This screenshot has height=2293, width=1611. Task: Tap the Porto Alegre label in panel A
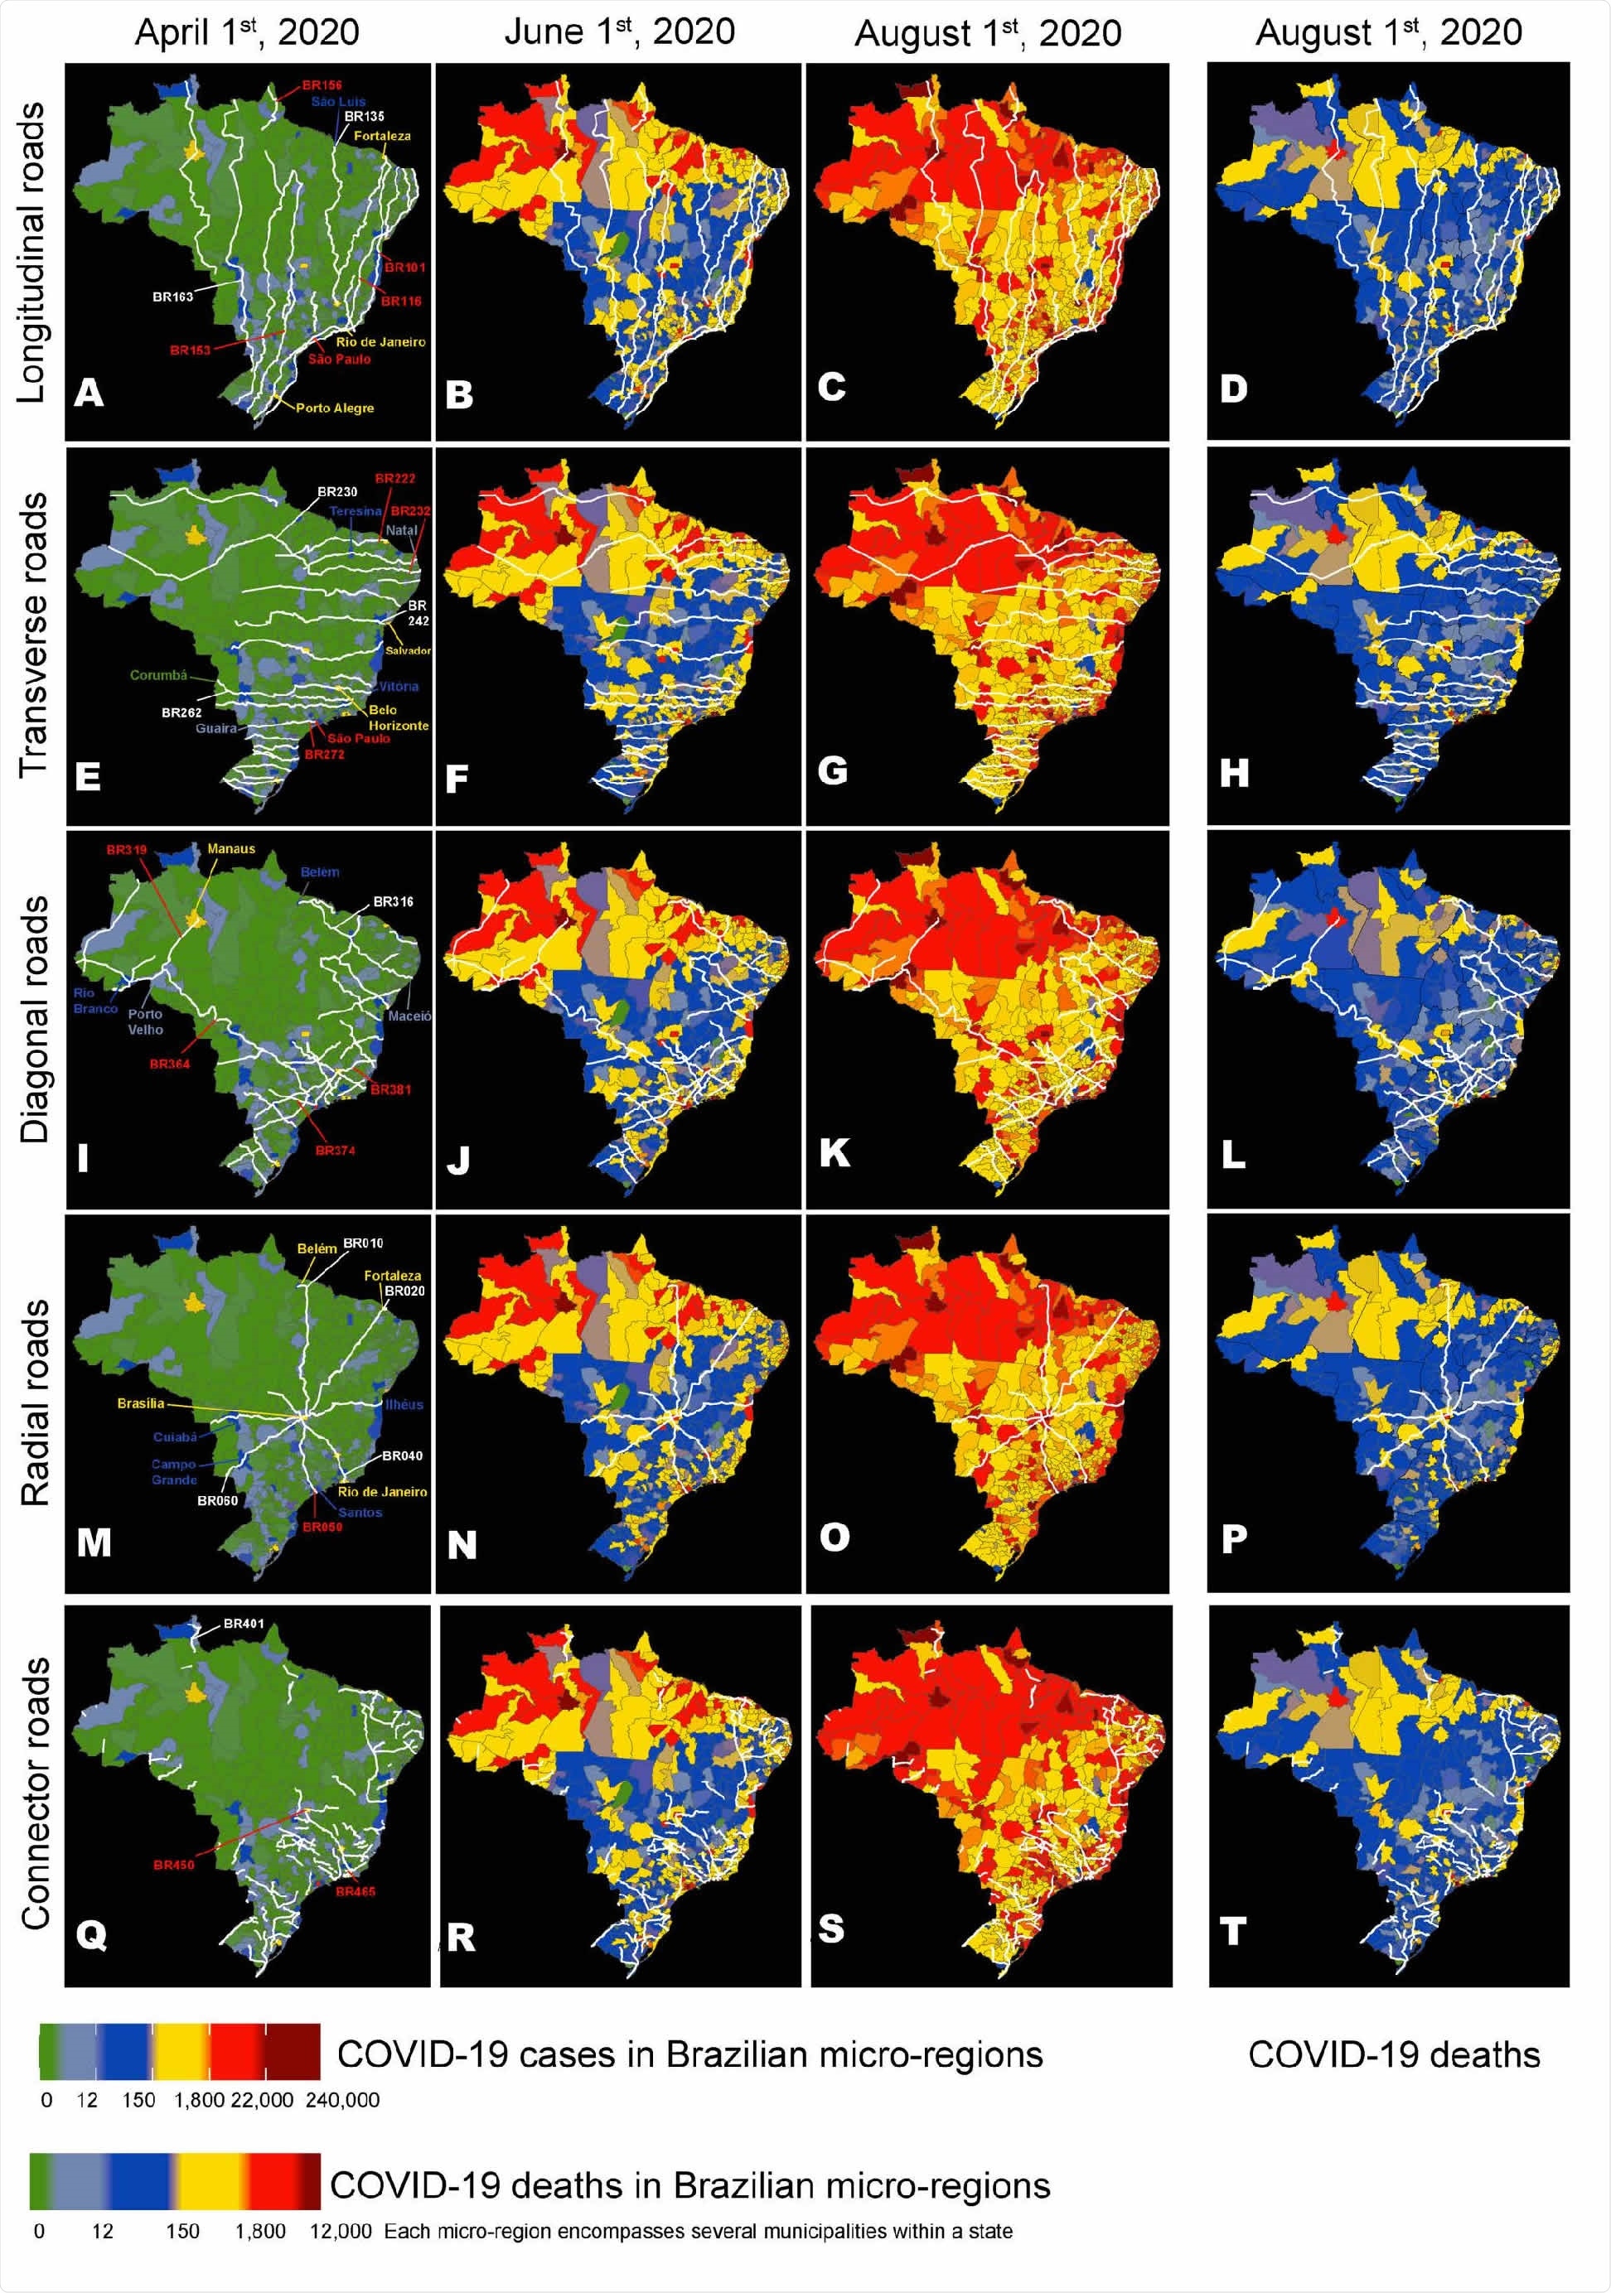[335, 408]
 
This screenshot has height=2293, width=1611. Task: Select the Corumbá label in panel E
[157, 676]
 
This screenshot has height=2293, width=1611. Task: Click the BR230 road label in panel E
[337, 492]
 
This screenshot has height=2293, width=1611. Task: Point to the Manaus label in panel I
[230, 850]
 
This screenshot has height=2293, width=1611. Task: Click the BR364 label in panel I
[169, 1064]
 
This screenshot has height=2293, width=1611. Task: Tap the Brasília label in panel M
[141, 1404]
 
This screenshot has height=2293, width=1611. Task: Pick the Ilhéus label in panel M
[405, 1404]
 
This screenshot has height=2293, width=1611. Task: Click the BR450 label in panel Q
[174, 1866]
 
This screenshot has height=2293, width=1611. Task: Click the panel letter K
[834, 1153]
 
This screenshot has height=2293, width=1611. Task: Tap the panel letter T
[1233, 1930]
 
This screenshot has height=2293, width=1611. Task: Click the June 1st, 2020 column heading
[619, 32]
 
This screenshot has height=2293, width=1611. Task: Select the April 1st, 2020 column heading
[247, 32]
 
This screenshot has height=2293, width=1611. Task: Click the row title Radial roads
[34, 1403]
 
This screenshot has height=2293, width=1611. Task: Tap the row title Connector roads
[34, 1793]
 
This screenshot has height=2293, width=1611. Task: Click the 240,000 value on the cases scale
[342, 2100]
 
